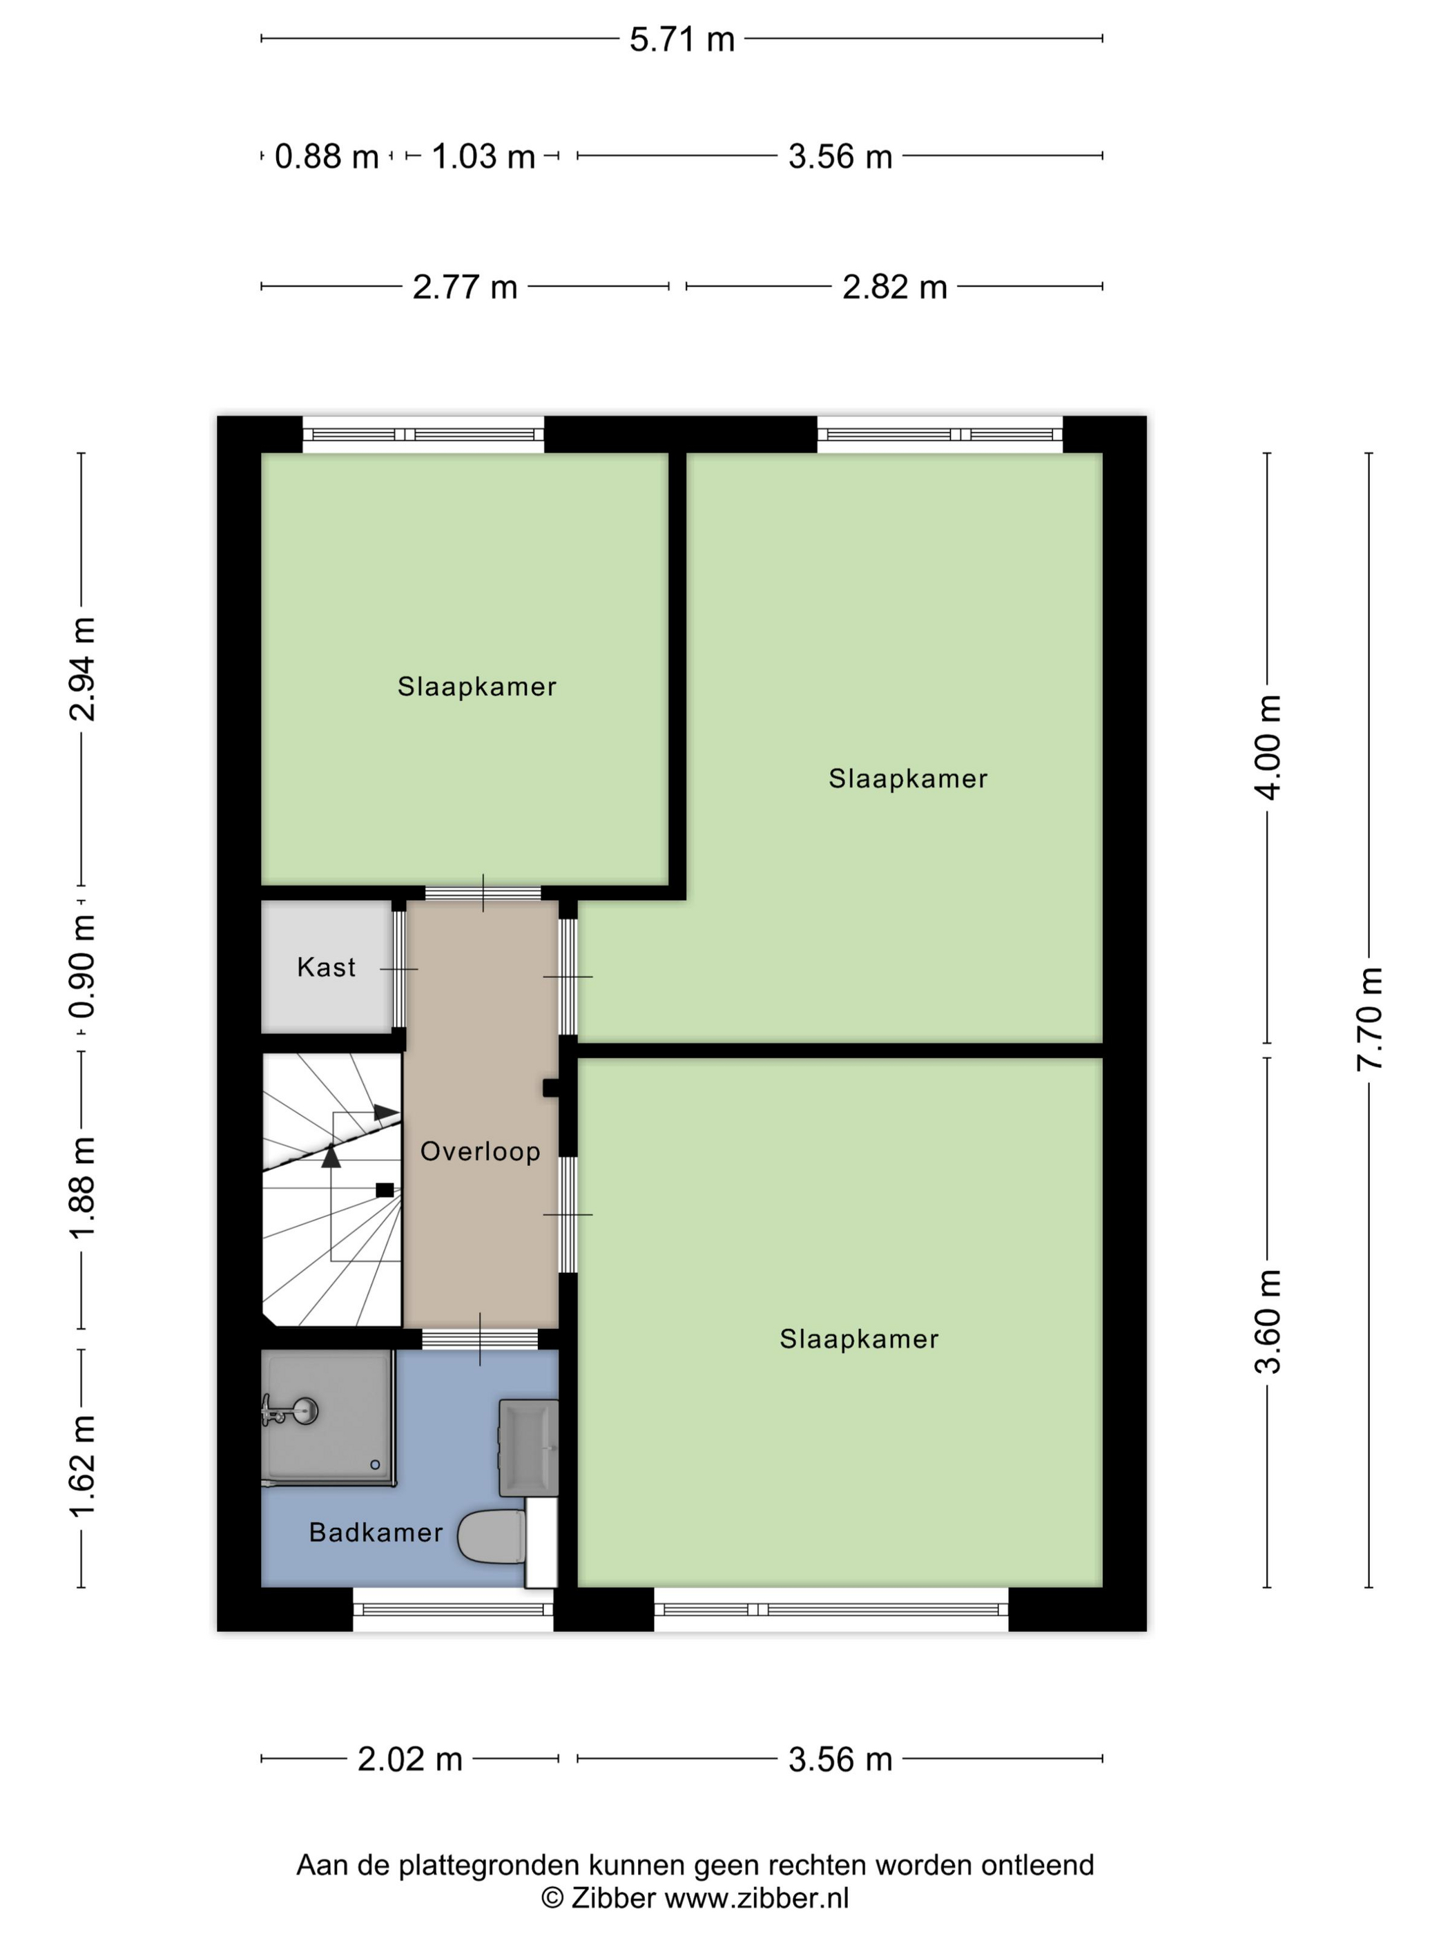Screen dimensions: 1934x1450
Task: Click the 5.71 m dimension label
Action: pos(681,39)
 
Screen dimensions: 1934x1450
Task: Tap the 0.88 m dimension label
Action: pos(326,157)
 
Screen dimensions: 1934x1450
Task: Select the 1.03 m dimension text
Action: pos(483,157)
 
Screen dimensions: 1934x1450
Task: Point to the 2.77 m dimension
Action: pos(464,287)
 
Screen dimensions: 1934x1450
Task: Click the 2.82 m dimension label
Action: pos(894,287)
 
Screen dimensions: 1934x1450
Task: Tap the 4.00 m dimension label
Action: pos(1267,747)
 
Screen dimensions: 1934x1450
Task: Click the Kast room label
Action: pos(326,967)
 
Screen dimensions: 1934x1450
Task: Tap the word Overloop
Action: pos(480,1151)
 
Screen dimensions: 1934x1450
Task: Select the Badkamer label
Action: pos(376,1532)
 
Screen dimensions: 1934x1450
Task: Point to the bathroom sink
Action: pos(529,1447)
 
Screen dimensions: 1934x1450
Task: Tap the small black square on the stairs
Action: pos(384,1190)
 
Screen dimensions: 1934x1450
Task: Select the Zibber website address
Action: pos(756,1897)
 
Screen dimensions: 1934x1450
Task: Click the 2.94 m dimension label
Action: pos(82,669)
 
